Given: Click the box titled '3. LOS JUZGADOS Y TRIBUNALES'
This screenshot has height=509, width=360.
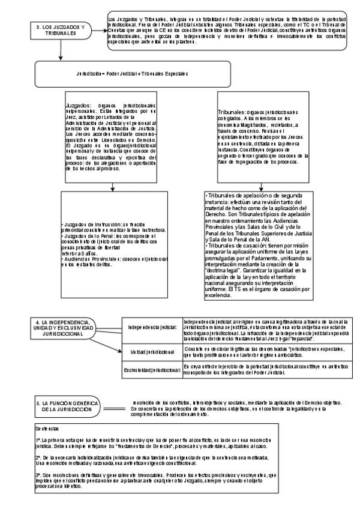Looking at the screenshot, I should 60,31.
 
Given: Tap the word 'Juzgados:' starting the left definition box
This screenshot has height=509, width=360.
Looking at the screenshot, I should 78,106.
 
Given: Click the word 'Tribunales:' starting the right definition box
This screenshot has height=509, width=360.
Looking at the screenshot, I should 230,112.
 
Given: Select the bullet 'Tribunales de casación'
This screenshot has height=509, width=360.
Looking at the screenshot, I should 236,246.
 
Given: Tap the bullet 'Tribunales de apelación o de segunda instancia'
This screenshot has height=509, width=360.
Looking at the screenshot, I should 252,196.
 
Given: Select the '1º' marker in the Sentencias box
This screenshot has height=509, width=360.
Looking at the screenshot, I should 38,440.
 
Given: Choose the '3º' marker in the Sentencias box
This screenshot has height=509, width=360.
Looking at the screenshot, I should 38,475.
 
